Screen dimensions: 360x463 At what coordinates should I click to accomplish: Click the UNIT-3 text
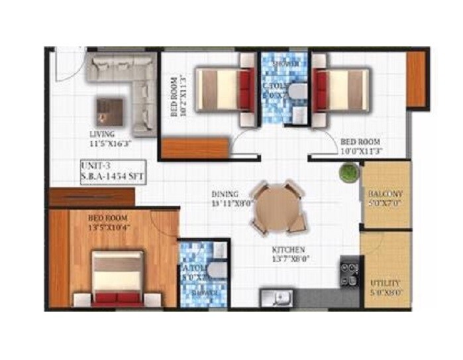coord(91,166)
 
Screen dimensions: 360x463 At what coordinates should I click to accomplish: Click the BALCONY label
coord(385,194)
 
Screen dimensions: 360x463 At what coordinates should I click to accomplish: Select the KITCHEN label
coord(287,250)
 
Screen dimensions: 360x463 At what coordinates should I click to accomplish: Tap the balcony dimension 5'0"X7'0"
coord(385,204)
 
